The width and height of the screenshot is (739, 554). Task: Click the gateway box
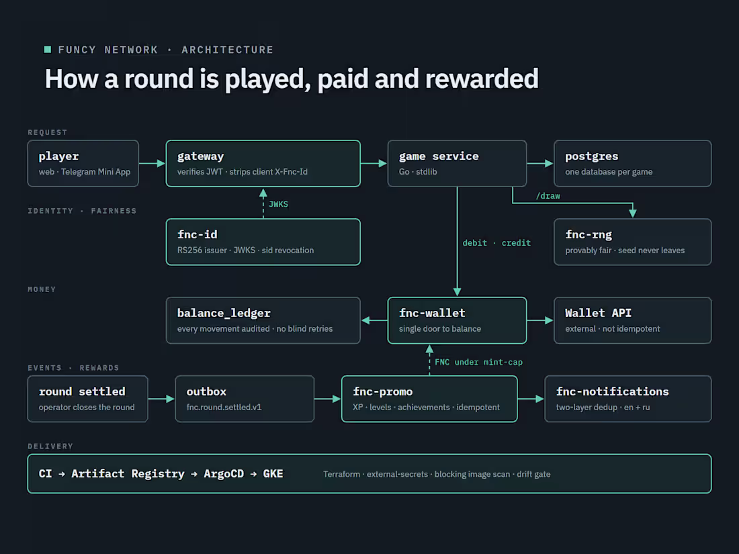click(263, 163)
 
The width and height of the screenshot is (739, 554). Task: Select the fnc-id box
click(263, 242)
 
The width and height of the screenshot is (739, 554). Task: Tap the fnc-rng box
click(632, 242)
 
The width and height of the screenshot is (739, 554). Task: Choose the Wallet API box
click(632, 320)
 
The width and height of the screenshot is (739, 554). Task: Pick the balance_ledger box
click(263, 320)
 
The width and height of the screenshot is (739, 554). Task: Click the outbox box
click(245, 399)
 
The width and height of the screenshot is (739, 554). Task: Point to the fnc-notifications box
click(627, 399)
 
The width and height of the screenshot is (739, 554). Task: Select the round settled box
click(87, 399)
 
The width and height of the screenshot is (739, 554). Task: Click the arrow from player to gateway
click(153, 163)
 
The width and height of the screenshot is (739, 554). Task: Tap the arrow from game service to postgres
click(540, 163)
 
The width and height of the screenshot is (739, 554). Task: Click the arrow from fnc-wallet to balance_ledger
click(374, 320)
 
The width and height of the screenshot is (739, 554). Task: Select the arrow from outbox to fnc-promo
click(328, 399)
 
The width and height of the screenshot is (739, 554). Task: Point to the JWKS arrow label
click(278, 204)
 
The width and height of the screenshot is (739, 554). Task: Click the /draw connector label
click(548, 196)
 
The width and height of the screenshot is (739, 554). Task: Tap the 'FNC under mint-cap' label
click(478, 362)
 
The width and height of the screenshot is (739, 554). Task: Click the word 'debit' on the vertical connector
click(474, 242)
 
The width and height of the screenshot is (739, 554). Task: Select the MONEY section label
click(42, 289)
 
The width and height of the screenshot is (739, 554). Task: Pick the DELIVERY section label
click(50, 446)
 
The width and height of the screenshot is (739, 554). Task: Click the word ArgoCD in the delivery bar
click(224, 473)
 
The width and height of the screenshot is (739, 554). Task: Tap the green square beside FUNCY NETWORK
click(48, 50)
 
